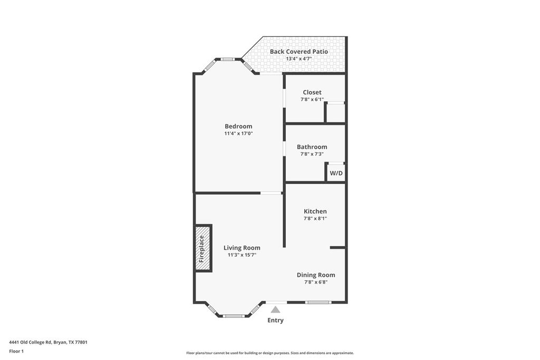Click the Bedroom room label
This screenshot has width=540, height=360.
click(238, 126)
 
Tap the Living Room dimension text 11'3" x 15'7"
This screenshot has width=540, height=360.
click(242, 255)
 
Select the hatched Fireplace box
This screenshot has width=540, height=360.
click(203, 248)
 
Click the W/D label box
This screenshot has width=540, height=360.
click(336, 173)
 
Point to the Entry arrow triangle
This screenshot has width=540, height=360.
click(275, 310)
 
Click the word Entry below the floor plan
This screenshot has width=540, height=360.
click(275, 320)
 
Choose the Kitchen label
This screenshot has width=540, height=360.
click(315, 211)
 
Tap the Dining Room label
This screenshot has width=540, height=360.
click(315, 275)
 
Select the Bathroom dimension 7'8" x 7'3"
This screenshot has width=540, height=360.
click(312, 154)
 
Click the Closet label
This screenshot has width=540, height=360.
click(312, 92)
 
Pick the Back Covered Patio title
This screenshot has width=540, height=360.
click(298, 52)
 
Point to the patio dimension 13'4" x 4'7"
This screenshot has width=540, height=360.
click(298, 59)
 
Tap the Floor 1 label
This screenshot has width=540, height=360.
click(16, 351)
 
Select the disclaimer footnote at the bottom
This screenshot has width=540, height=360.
click(269, 353)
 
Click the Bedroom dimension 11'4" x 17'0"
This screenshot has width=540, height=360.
click(238, 133)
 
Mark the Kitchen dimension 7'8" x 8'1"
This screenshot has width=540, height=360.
click(315, 218)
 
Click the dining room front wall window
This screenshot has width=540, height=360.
click(318, 302)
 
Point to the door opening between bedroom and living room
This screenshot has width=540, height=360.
click(271, 193)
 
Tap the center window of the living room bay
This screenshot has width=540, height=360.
click(233, 316)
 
